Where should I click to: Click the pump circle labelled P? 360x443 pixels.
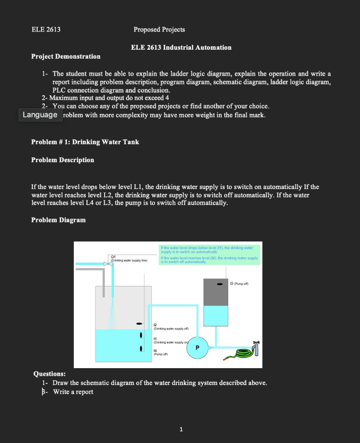tap(198, 347)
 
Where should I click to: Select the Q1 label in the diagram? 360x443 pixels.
tap(114, 257)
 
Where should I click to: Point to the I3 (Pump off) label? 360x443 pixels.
tap(239, 284)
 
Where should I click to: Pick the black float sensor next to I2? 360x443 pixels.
tap(139, 323)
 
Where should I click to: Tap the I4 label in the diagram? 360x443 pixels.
tap(156, 351)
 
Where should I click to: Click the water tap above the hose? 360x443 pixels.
tap(258, 347)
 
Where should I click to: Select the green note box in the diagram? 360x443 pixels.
tap(210, 254)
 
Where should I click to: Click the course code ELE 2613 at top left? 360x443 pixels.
tap(46, 29)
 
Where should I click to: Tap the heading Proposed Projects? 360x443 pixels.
tap(159, 29)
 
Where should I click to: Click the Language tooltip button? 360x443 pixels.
tap(40, 115)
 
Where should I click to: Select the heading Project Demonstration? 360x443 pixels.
tap(66, 56)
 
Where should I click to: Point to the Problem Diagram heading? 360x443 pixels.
tap(58, 220)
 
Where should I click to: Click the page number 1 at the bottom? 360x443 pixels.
tap(181, 429)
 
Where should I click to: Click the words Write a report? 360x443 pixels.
tap(73, 392)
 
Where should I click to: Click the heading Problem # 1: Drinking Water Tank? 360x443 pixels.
tap(85, 142)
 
